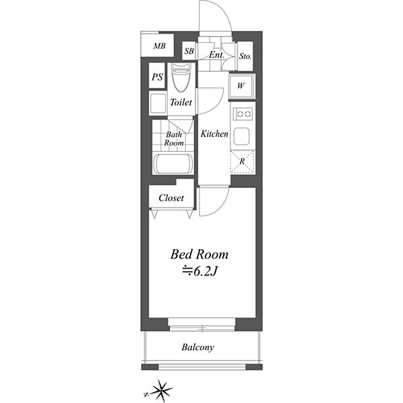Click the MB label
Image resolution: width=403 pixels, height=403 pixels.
tap(159, 46)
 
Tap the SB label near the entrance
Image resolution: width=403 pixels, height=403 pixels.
tap(189, 51)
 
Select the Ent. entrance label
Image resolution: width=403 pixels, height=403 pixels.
tap(216, 54)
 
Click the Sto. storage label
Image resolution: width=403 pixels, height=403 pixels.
tap(245, 56)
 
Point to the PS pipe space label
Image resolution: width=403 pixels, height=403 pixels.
tap(157, 77)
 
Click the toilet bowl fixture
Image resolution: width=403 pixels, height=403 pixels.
tap(181, 77)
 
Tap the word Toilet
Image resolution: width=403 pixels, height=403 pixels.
tap(181, 103)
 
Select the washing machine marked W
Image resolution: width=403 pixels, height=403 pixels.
tap(242, 86)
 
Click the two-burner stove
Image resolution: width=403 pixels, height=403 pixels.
tap(242, 114)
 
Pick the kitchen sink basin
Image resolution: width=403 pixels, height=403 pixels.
tap(241, 136)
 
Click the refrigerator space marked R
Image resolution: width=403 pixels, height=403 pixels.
tap(242, 162)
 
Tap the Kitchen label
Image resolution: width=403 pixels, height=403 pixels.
tap(214, 134)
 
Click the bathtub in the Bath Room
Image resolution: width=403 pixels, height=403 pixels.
tap(173, 163)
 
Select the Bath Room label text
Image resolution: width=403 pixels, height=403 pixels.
tap(174, 138)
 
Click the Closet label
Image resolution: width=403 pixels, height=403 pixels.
tap(171, 198)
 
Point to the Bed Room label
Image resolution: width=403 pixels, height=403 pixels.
tap(199, 255)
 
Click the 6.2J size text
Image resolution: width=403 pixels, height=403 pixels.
tap(200, 272)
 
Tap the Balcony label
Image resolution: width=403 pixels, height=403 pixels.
tap(197, 347)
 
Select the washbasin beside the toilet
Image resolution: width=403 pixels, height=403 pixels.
tap(158, 103)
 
